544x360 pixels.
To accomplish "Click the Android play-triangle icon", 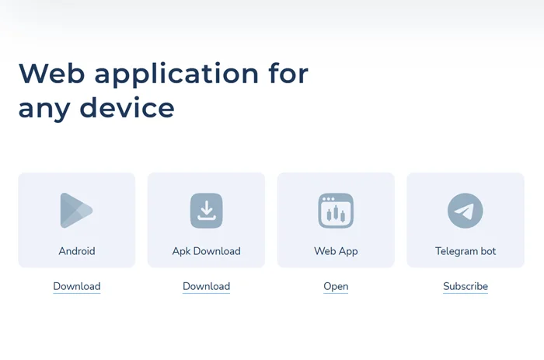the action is pyautogui.click(x=76, y=211).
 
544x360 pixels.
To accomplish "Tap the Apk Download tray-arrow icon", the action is pyautogui.click(x=207, y=211).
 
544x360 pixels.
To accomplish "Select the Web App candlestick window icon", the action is pyautogui.click(x=336, y=211).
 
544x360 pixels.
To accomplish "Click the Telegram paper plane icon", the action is pyautogui.click(x=466, y=211).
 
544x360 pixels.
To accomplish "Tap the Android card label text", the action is pyautogui.click(x=77, y=251).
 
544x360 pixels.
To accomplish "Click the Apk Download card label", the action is pyautogui.click(x=207, y=251).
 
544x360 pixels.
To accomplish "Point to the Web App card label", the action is pyautogui.click(x=336, y=251).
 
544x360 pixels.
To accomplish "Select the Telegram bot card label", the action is pyautogui.click(x=466, y=251).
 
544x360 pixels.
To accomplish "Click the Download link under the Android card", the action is pyautogui.click(x=77, y=286).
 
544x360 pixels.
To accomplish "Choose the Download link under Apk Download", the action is pyautogui.click(x=207, y=286).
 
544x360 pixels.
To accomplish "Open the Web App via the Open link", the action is pyautogui.click(x=336, y=287).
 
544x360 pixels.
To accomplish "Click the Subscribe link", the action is pyautogui.click(x=466, y=286).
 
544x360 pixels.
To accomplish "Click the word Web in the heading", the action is pyautogui.click(x=52, y=73).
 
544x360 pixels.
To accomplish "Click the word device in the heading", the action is pyautogui.click(x=127, y=107).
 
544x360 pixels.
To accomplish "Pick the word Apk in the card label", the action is pyautogui.click(x=181, y=251).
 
